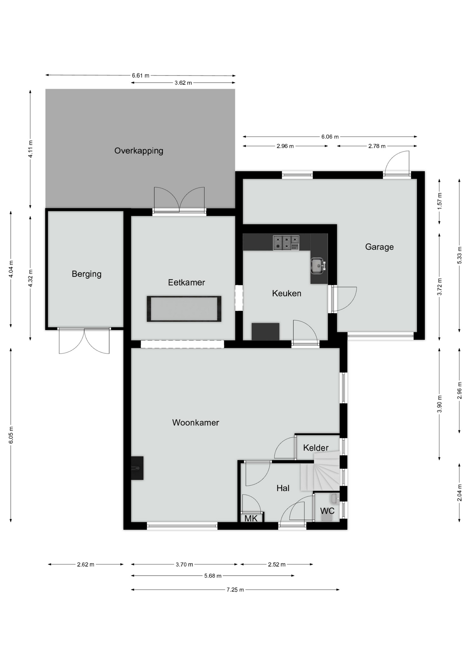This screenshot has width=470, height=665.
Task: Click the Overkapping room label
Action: [x=139, y=151]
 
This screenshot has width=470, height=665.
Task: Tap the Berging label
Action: [x=87, y=274]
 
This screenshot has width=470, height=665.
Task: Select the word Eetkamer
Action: [x=187, y=282]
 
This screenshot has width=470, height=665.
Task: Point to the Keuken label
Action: [x=287, y=293]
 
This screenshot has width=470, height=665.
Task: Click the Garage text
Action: [x=379, y=247]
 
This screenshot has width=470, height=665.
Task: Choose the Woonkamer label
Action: [x=196, y=423]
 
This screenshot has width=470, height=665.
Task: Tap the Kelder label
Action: [x=316, y=448]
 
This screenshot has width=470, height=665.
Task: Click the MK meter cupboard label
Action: [x=251, y=518]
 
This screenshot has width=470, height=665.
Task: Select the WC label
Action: [x=327, y=511]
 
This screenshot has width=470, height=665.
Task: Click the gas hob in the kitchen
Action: [x=286, y=243]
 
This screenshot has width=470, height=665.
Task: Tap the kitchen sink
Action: [x=318, y=266]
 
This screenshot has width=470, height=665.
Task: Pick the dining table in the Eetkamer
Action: [x=184, y=309]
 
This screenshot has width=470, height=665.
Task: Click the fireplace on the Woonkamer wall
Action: [x=137, y=468]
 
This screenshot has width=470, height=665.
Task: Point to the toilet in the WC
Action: [x=327, y=517]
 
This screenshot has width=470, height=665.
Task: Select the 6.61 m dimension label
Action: [x=141, y=76]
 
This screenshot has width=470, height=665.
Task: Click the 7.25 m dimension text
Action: [x=235, y=590]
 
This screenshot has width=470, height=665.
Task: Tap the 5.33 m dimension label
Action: [x=460, y=255]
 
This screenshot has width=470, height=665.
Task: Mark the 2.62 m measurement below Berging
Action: [x=85, y=565]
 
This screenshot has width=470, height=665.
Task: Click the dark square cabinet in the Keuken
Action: [x=265, y=331]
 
